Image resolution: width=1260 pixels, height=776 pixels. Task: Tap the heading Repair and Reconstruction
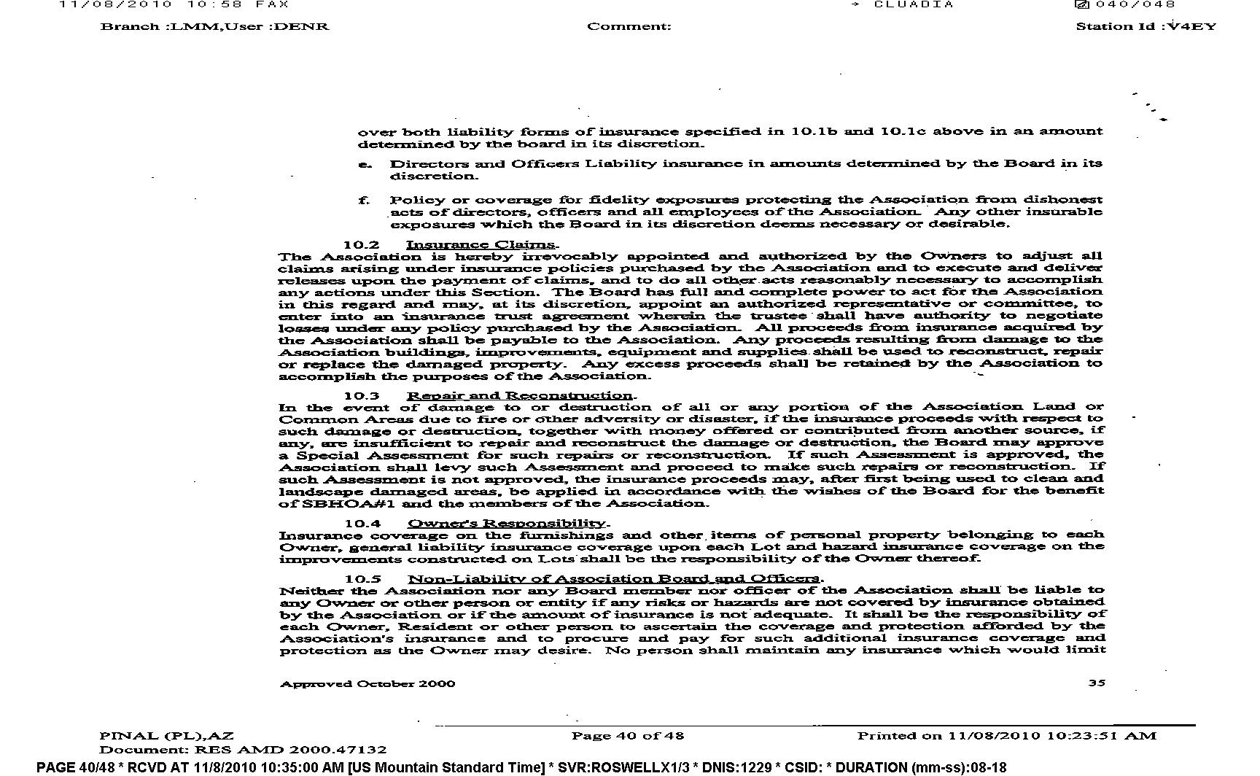[521, 396]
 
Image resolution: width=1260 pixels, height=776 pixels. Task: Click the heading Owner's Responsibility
[507, 523]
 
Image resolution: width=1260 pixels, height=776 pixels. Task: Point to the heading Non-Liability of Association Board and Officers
[614, 579]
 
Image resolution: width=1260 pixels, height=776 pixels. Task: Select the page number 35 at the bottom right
[1097, 683]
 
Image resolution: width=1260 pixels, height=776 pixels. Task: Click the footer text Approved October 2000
[367, 684]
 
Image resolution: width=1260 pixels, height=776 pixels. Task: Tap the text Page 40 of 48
[628, 736]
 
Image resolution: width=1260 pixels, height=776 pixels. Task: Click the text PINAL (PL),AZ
[167, 736]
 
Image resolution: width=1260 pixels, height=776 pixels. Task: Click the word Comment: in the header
[629, 27]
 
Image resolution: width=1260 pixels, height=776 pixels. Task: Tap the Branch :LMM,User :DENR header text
[214, 27]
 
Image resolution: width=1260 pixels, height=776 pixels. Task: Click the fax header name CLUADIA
[914, 4]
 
